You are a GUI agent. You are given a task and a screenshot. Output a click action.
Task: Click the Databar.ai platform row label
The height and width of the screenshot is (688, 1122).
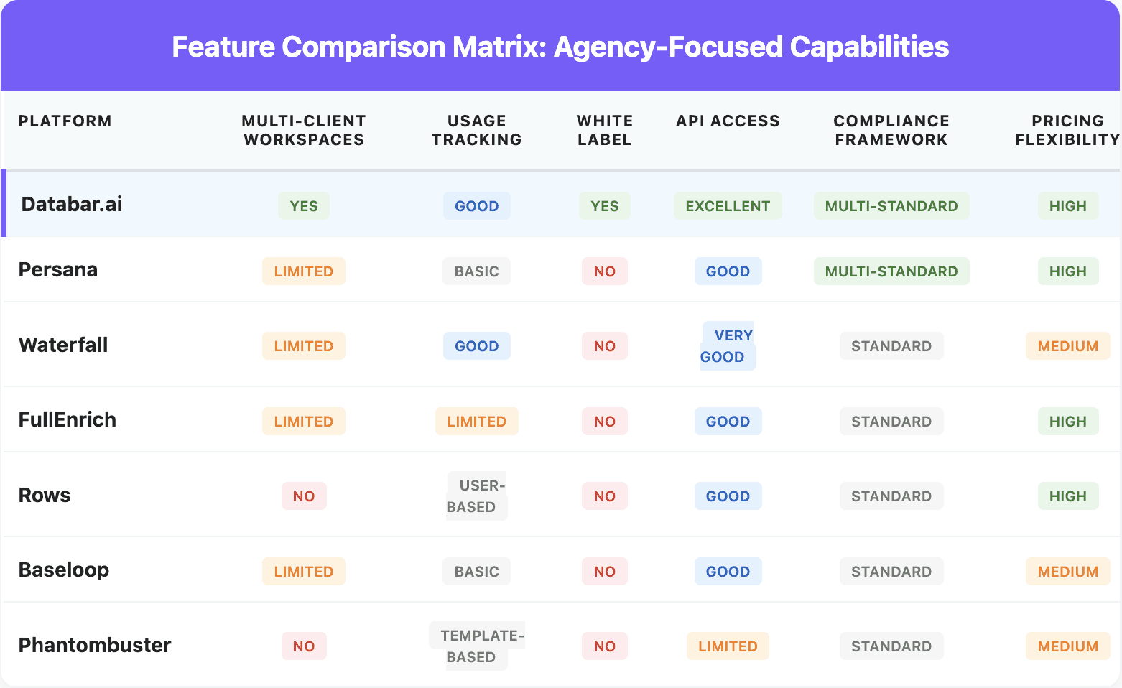coord(72,205)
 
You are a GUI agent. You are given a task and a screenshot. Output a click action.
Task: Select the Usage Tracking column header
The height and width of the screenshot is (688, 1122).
coord(476,130)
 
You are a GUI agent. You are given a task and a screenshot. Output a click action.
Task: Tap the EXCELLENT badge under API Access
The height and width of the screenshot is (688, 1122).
coord(727,206)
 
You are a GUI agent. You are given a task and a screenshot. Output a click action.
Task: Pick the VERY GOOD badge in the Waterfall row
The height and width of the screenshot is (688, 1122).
coord(727,346)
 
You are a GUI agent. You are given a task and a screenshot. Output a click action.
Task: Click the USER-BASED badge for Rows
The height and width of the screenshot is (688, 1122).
coord(476,496)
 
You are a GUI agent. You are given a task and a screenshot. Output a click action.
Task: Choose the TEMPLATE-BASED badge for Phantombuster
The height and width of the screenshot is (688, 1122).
coord(476,646)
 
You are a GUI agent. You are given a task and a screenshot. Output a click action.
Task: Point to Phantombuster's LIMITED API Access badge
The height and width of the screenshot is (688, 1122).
coord(727,646)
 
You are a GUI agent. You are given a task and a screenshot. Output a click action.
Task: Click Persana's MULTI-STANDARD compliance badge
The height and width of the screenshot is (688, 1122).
coord(891,271)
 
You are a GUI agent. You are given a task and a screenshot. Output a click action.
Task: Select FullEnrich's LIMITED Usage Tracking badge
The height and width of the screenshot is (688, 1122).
coord(476,422)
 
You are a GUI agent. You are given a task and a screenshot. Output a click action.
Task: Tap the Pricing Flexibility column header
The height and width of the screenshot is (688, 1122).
coord(1067,130)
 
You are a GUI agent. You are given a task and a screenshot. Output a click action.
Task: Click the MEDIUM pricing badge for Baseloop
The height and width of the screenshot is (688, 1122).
coord(1067,572)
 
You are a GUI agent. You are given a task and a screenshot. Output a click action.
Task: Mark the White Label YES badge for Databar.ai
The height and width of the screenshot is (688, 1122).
coord(604,206)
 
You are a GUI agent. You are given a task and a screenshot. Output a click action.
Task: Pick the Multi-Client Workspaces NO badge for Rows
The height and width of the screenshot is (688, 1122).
coord(303,496)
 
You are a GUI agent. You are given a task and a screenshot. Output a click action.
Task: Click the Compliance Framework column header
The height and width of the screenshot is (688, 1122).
coord(891,130)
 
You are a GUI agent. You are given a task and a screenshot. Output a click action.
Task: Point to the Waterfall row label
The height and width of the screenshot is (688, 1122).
coord(63,345)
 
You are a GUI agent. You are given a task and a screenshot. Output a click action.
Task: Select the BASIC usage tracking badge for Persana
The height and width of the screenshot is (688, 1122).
coord(476,271)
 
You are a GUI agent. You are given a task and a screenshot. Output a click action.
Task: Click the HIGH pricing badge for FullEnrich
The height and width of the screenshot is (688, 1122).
coord(1067,422)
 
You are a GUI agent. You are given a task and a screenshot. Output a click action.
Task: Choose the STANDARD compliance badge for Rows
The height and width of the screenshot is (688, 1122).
coord(891,496)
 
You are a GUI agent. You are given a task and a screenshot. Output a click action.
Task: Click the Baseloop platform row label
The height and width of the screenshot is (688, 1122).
coord(64,570)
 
